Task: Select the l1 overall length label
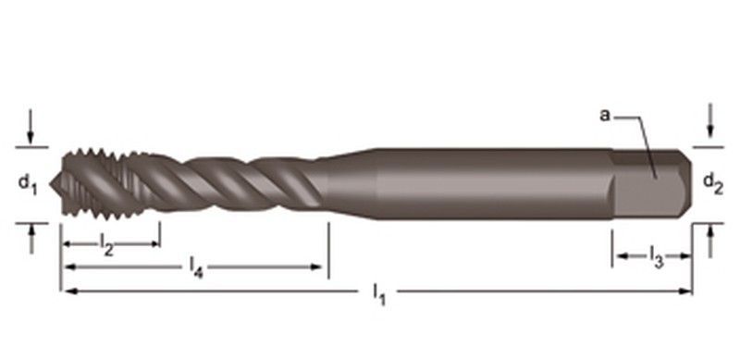pos(379,294)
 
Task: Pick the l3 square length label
pos(657,256)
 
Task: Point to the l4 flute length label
pos(196,267)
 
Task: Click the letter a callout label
pos(605,115)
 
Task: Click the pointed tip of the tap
pos(51,183)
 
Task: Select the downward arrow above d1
pos(31,126)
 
